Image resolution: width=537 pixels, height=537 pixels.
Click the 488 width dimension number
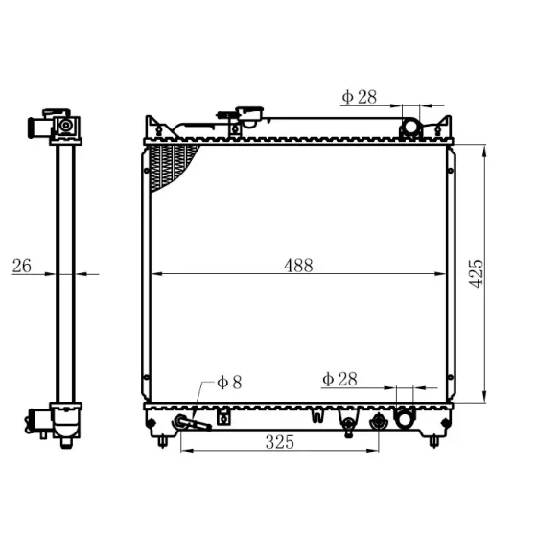(x=298, y=266)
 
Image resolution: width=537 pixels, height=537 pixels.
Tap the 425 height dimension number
(x=476, y=273)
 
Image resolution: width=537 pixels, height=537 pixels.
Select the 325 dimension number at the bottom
(x=280, y=442)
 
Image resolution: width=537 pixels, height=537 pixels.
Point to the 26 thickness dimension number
(x=21, y=266)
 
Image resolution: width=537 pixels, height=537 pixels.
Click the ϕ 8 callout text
(x=229, y=383)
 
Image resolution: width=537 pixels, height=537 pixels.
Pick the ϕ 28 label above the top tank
(x=360, y=97)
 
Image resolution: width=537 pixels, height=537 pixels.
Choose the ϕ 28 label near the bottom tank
(x=339, y=379)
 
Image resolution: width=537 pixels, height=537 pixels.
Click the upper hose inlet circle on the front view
(x=410, y=127)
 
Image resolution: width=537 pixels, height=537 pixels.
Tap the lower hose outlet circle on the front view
(x=405, y=418)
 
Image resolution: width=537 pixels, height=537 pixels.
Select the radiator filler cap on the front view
(x=250, y=115)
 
